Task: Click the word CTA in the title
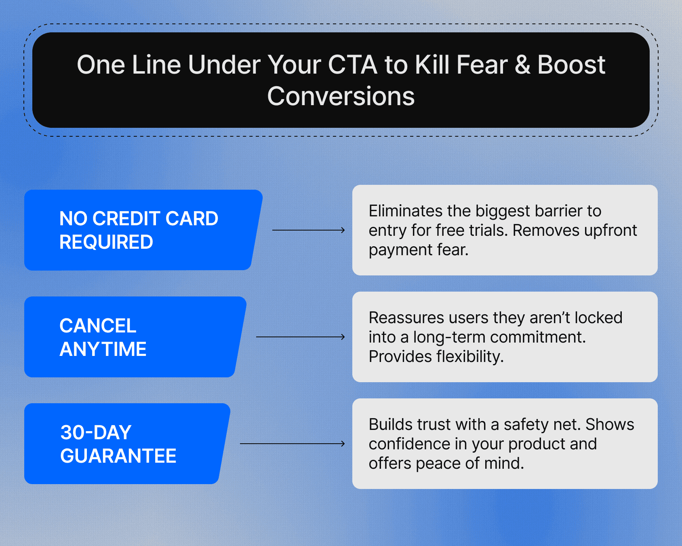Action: coord(352,65)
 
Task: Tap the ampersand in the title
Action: coord(522,65)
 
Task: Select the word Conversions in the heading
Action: coord(341,96)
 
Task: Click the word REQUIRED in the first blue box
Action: coord(106,242)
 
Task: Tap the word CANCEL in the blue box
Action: coord(98,326)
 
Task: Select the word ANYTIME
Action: coord(103,349)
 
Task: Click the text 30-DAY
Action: coord(96,432)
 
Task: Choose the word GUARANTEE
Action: coord(118,456)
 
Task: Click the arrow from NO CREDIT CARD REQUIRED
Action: coord(308,230)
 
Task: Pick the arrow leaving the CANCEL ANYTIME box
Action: coord(300,337)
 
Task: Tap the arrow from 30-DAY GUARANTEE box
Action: coord(292,444)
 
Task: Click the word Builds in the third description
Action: coord(390,425)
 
